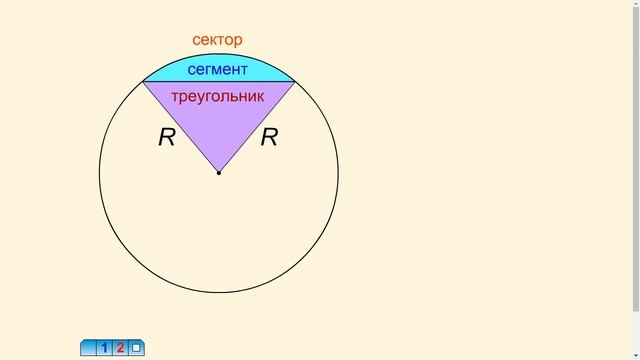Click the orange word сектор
point(217,40)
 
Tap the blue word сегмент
point(218,69)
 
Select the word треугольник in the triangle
point(218,97)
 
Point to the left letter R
point(167,137)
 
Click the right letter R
point(269,137)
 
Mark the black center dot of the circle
point(219,173)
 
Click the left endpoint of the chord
point(143,82)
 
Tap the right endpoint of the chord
point(295,82)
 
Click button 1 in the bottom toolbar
point(104,348)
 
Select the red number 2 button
point(120,348)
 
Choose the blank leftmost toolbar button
point(88,348)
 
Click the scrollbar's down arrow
point(636,356)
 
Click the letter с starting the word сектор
point(196,40)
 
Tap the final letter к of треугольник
point(260,97)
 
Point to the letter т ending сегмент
point(244,70)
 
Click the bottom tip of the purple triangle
point(219,172)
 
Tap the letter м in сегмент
point(218,70)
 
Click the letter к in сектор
point(212,40)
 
